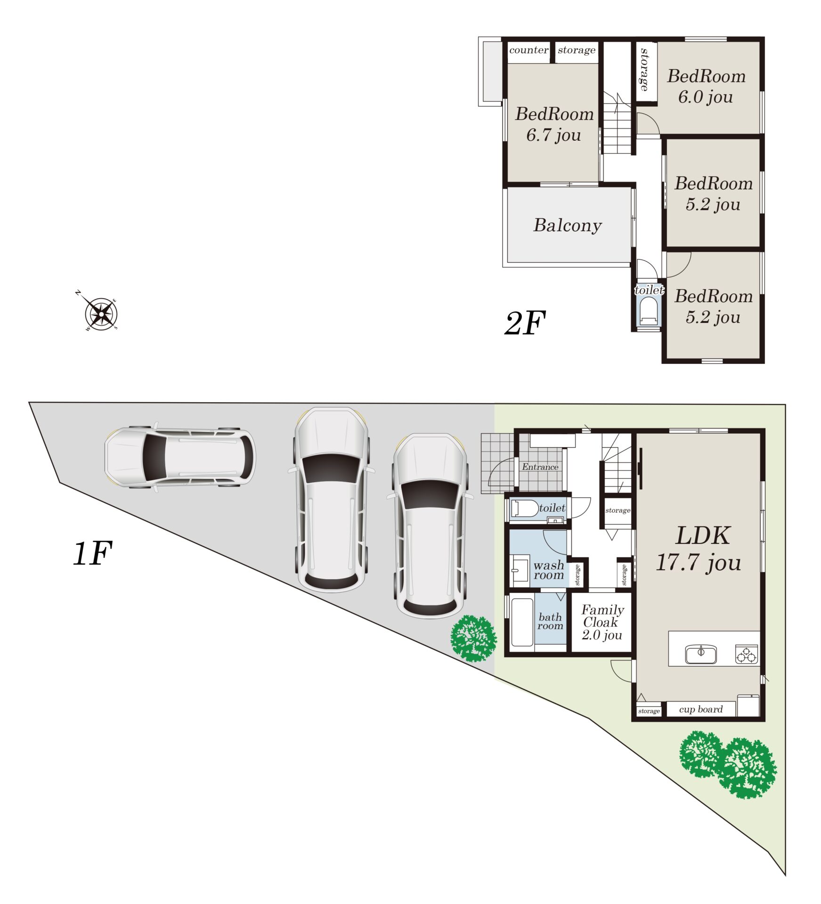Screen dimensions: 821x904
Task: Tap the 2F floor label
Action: pyautogui.click(x=524, y=323)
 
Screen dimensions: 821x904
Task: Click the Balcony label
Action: pyautogui.click(x=568, y=225)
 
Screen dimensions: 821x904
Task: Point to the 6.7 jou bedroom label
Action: pyautogui.click(x=554, y=124)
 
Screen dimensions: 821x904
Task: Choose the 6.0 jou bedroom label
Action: pyautogui.click(x=706, y=86)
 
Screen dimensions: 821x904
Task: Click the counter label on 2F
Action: pyautogui.click(x=528, y=50)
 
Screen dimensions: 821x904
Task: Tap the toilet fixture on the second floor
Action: pyautogui.click(x=649, y=312)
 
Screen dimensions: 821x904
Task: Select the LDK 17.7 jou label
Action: pyautogui.click(x=699, y=549)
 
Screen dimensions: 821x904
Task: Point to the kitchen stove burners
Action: pyautogui.click(x=747, y=654)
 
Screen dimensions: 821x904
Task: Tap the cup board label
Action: pyautogui.click(x=701, y=709)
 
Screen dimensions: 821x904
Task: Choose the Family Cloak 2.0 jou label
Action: pyautogui.click(x=602, y=622)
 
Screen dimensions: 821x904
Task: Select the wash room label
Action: pyautogui.click(x=549, y=570)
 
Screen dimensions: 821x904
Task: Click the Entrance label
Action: pyautogui.click(x=540, y=467)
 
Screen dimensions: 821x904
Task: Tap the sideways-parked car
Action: pyautogui.click(x=180, y=457)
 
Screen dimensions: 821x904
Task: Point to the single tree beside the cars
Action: pyautogui.click(x=473, y=638)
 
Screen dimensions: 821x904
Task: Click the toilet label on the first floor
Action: pyautogui.click(x=552, y=508)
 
